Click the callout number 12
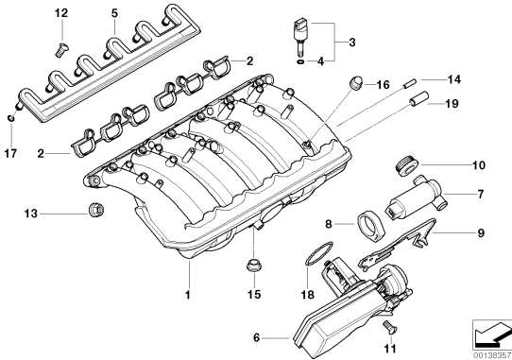[61, 13]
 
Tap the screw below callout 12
[60, 50]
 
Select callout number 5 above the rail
[114, 13]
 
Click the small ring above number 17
[11, 118]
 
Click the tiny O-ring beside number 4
[301, 61]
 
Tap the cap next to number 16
[355, 82]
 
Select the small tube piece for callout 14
[409, 84]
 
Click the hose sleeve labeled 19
[418, 98]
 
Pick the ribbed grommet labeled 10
[406, 165]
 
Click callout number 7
[480, 194]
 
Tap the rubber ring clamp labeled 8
[371, 225]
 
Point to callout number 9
[481, 233]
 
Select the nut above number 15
[253, 265]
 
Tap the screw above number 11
[388, 327]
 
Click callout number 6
[256, 337]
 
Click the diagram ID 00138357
[492, 355]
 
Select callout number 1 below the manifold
[187, 295]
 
